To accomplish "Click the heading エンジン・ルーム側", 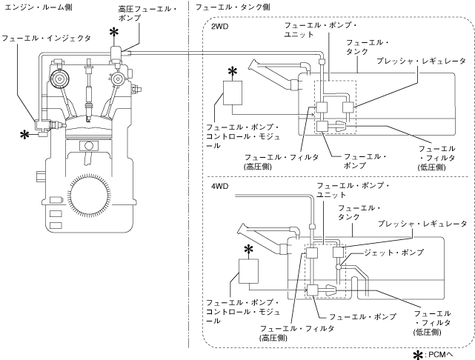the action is point(39,7).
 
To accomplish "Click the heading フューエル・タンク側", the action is point(233,7).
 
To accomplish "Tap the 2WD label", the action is point(219,27).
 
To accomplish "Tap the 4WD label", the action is point(219,186).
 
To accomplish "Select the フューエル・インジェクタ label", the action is point(47,39).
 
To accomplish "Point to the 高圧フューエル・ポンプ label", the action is point(147,13).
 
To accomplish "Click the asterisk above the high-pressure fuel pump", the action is point(114,33).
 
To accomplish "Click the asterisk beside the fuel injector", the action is point(24,135).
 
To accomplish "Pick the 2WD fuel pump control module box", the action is point(233,93).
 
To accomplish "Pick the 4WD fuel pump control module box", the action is point(249,271).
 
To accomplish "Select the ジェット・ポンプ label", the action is point(393,253).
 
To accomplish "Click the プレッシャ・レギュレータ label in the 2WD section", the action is point(421,61).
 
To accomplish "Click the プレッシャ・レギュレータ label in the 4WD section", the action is point(422,224).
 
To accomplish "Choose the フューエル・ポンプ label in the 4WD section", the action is point(362,317).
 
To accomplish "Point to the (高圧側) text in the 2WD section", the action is point(258,167).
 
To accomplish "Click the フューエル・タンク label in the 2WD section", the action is point(368,47).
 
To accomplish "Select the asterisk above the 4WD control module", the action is point(248,250).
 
